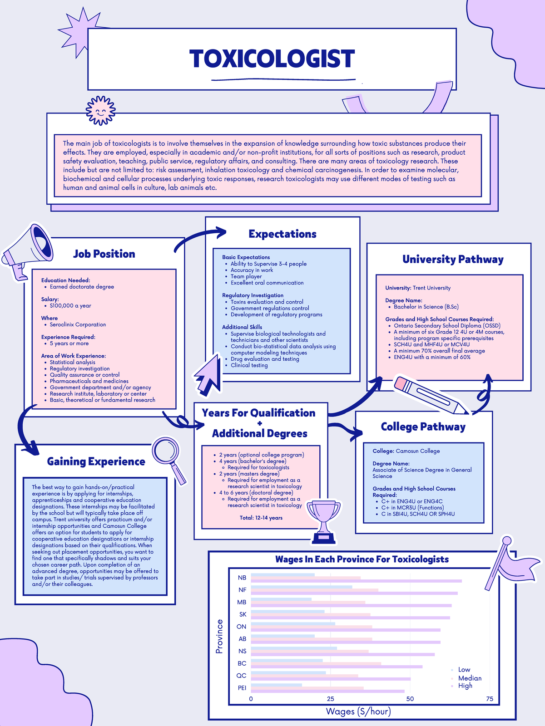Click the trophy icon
323,520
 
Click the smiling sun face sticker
101,110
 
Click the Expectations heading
282,234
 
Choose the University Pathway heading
453,260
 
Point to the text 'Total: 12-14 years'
261,518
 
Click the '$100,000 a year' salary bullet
70,306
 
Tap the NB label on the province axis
242,578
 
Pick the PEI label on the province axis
242,688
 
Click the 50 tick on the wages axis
410,699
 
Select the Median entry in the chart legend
470,678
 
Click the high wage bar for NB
356,581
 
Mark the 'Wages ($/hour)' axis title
358,711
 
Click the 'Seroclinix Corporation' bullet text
78,325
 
